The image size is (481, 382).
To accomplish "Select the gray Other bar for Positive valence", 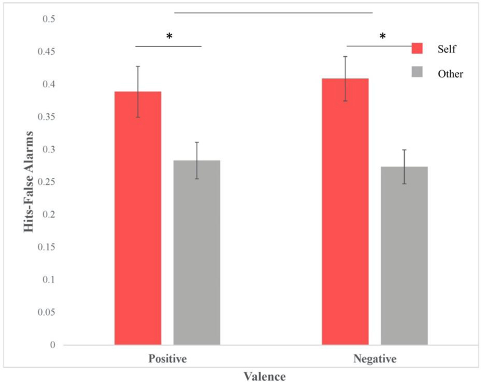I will click(197, 252).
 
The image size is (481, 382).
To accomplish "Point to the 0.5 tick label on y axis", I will click(49, 19).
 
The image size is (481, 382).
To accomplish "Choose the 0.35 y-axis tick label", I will click(47, 117).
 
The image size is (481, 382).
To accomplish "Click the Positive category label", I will click(167, 359).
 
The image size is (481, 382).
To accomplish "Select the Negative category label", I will click(375, 359).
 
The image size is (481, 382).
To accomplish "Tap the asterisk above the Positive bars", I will click(169, 37).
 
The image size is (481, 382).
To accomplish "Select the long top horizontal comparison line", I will click(273, 13).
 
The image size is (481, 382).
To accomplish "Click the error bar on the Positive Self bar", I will click(138, 92).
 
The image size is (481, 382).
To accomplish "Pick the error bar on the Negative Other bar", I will click(404, 167).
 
